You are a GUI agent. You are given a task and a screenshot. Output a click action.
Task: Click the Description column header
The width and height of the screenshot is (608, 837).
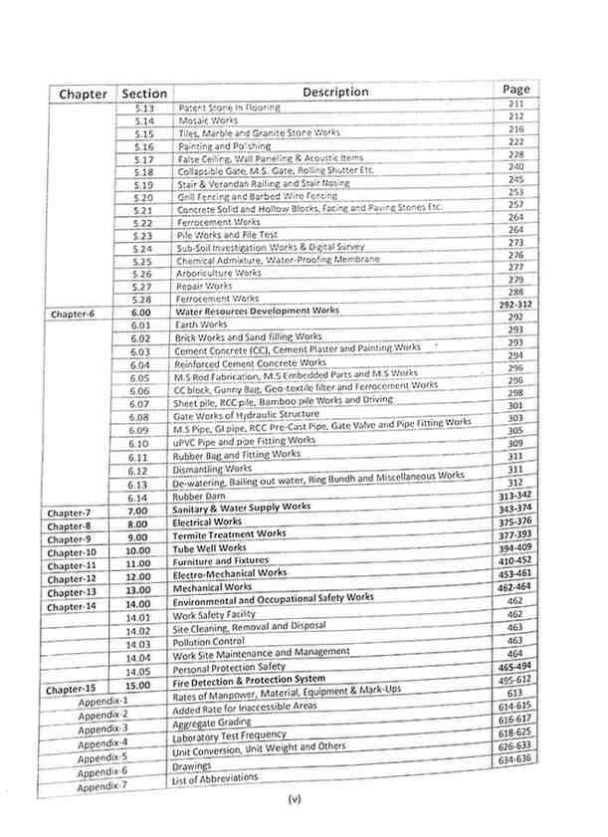[335, 92]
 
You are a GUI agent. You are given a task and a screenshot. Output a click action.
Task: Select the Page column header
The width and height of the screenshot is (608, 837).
[515, 90]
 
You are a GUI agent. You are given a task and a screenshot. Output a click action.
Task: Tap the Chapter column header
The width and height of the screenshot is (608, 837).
[83, 95]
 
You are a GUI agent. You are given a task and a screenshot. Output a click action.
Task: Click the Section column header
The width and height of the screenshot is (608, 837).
[143, 94]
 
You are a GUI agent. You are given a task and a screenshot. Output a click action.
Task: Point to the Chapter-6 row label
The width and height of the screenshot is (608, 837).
[72, 314]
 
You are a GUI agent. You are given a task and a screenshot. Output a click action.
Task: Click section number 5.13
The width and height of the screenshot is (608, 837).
[144, 107]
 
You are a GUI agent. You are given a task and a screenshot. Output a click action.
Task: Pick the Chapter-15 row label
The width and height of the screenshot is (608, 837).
[72, 687]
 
